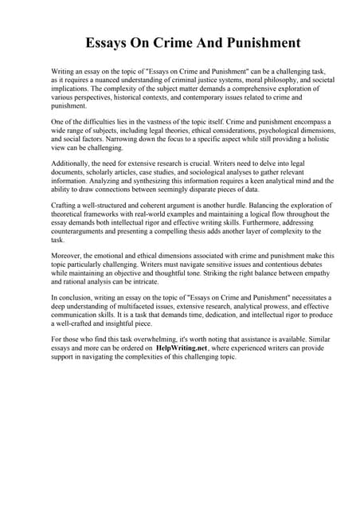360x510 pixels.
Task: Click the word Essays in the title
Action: pos(111,41)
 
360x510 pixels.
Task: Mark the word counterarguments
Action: pos(88,231)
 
